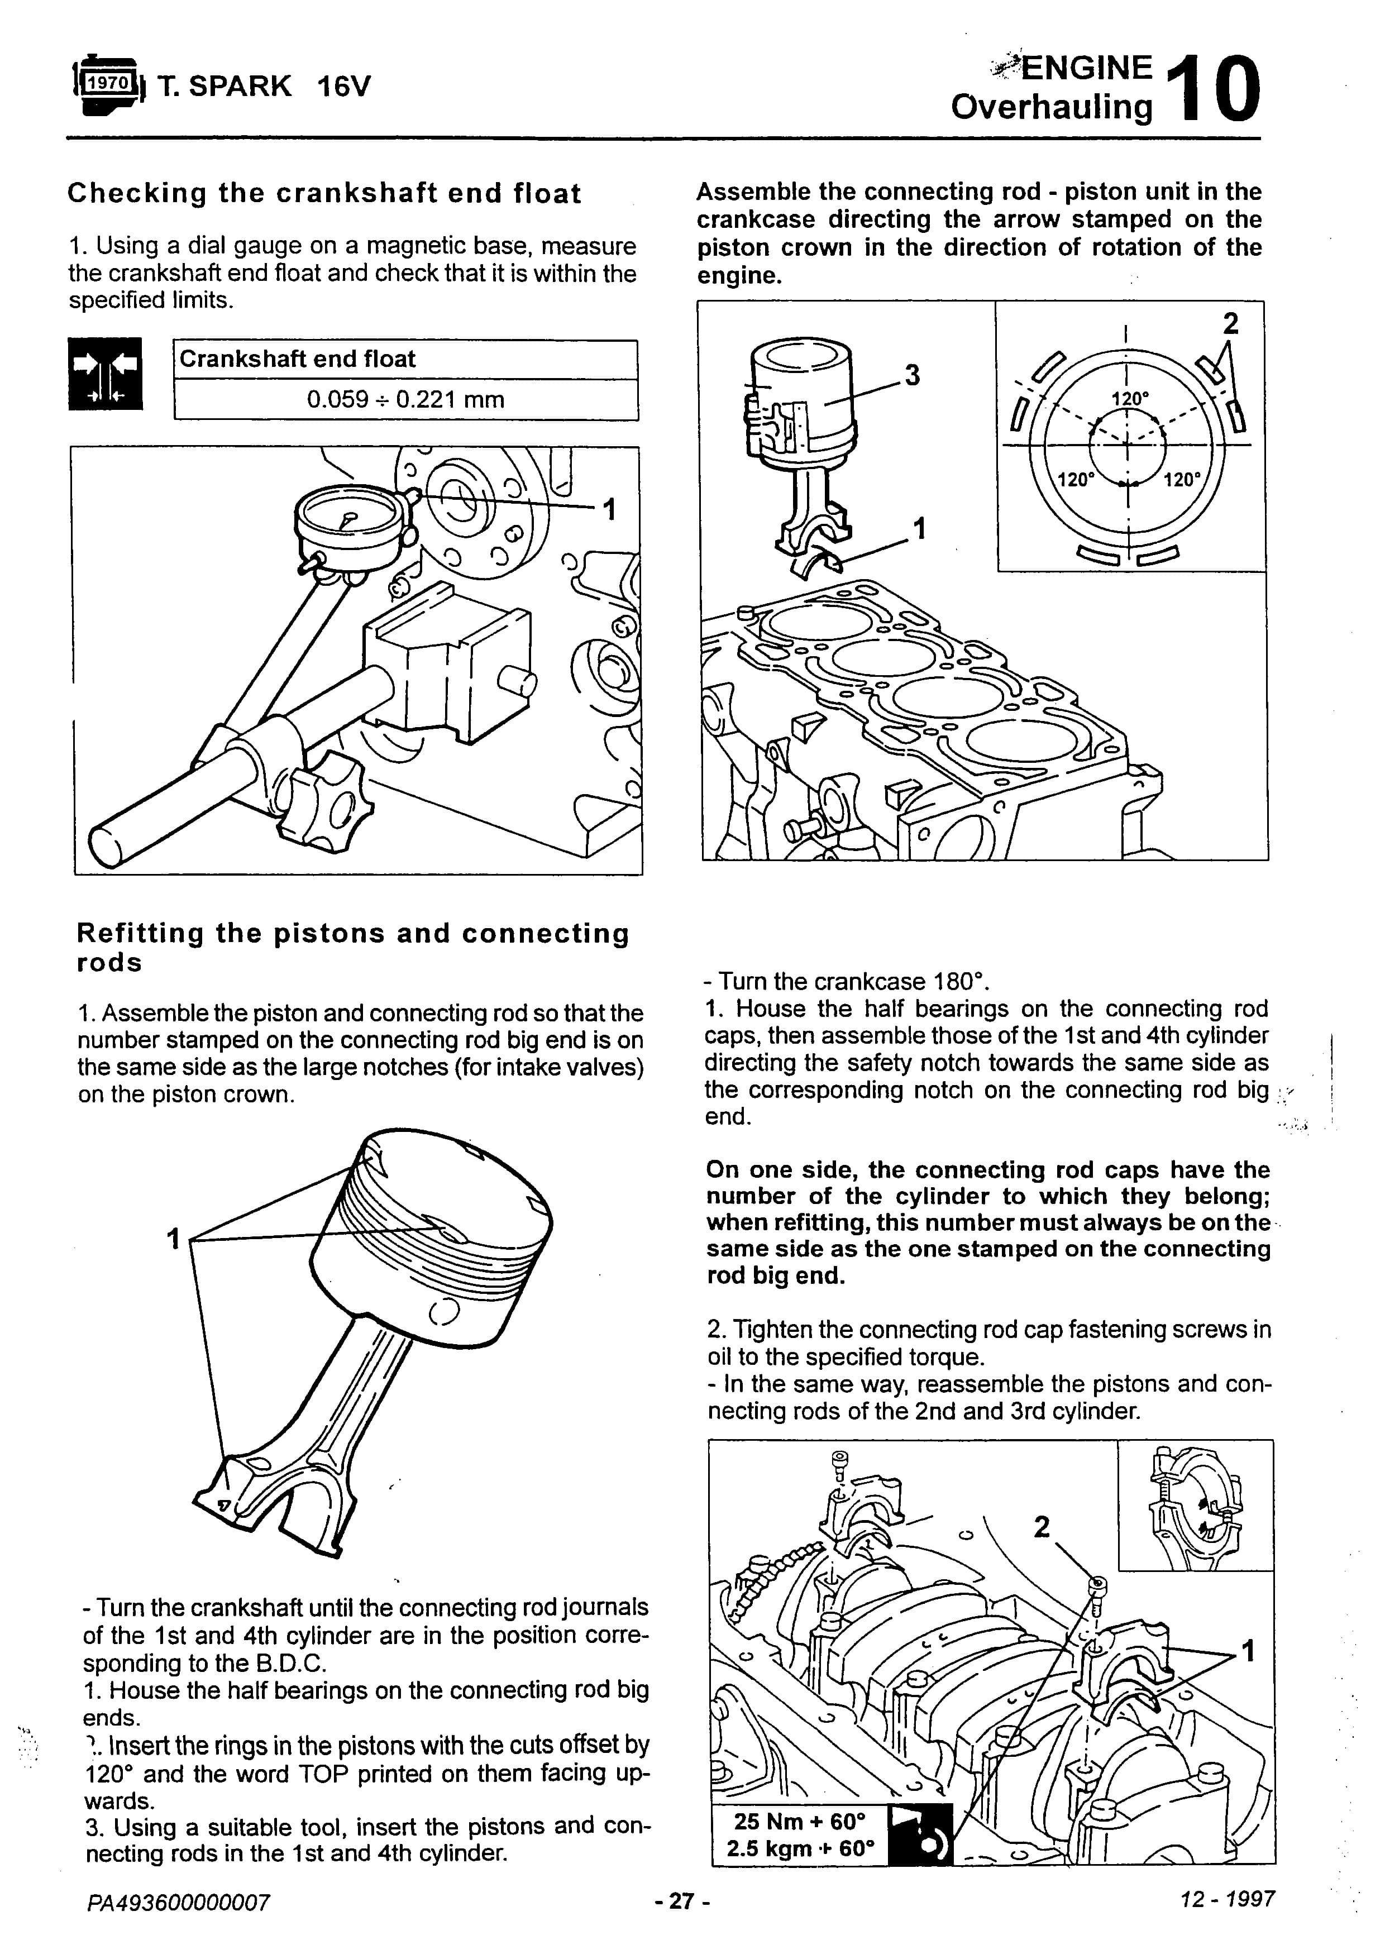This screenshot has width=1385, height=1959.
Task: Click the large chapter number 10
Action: [1212, 89]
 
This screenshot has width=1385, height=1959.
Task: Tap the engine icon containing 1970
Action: [108, 84]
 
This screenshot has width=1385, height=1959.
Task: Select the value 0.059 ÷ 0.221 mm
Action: [405, 399]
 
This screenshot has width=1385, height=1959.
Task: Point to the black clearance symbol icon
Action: [105, 374]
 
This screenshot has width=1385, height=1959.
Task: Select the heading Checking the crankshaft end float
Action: [324, 194]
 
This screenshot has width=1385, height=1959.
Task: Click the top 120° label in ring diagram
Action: [1130, 399]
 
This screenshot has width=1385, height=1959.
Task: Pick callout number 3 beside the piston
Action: [912, 375]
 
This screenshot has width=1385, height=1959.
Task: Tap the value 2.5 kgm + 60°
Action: [800, 1849]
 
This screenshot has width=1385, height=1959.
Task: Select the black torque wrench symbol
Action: [920, 1834]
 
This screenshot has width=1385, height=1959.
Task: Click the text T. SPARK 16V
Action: [265, 86]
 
